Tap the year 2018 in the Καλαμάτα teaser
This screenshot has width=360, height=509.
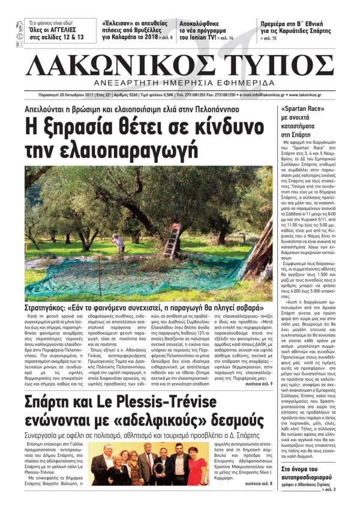(x=148, y=35)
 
